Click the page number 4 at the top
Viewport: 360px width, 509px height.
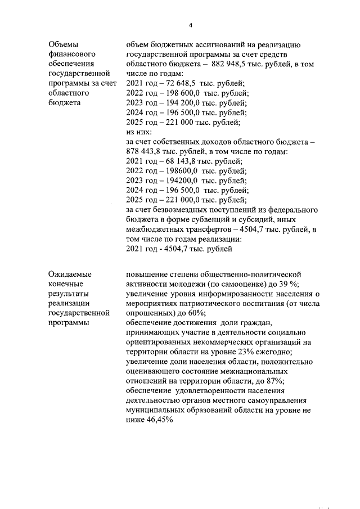click(x=190, y=25)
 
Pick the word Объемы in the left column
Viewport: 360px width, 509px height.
click(x=64, y=46)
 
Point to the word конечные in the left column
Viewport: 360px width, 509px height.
click(x=65, y=284)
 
